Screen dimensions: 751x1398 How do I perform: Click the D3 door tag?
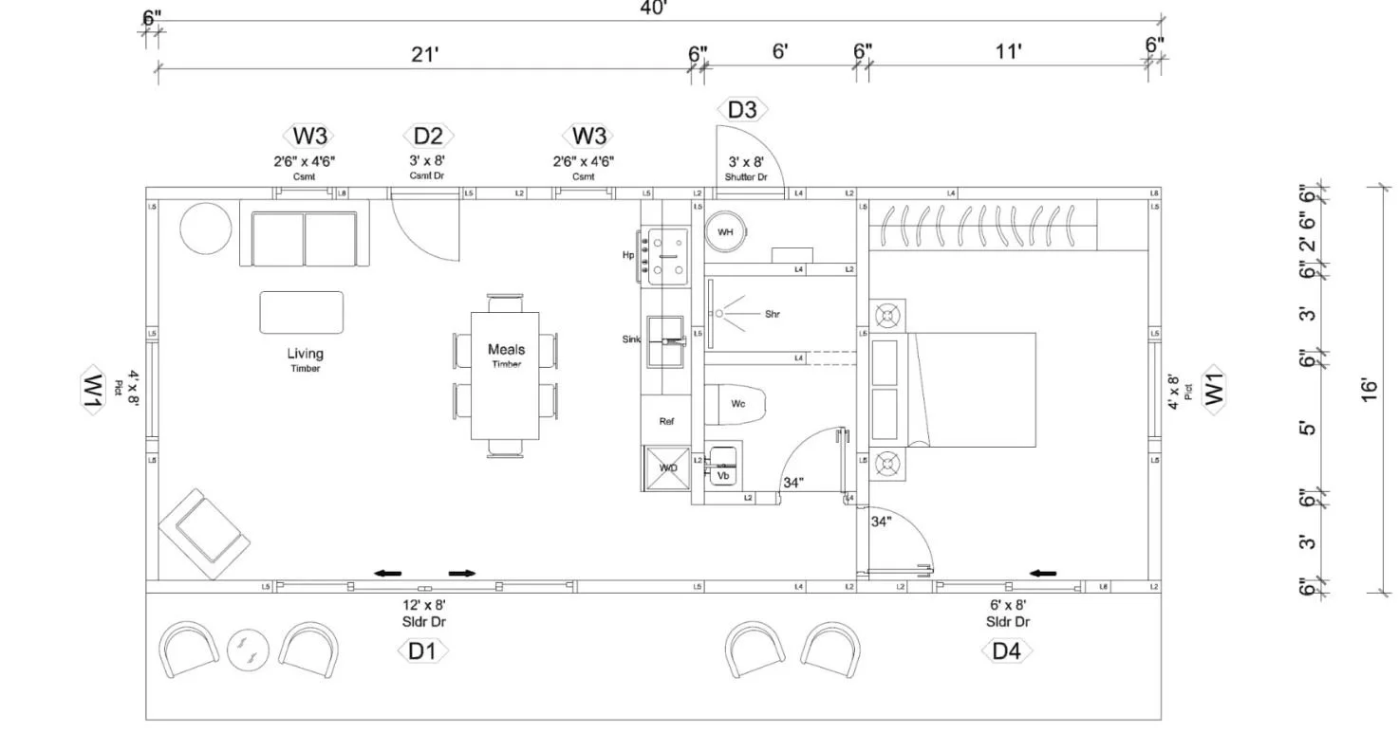pos(742,109)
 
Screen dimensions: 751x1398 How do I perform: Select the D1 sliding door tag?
pos(422,651)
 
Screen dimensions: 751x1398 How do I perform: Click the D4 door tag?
pos(1006,651)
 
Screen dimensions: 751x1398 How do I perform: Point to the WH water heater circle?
pos(726,231)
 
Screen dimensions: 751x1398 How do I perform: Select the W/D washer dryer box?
pos(668,467)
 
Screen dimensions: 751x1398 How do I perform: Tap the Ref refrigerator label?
pos(666,421)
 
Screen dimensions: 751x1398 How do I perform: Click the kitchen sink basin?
pos(667,339)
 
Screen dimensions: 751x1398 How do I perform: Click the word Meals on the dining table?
pos(506,350)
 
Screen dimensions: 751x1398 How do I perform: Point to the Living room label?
pos(305,354)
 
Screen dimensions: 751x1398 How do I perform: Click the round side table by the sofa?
pos(206,229)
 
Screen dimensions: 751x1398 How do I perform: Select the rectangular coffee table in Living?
pos(302,312)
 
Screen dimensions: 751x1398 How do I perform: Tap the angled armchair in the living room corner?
pos(204,535)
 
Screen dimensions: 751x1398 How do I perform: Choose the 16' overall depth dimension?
pos(1368,390)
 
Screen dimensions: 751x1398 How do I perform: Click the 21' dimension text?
pos(424,54)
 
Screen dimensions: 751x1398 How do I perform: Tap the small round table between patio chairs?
pos(249,650)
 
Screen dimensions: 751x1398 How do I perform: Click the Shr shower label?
pos(773,314)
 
